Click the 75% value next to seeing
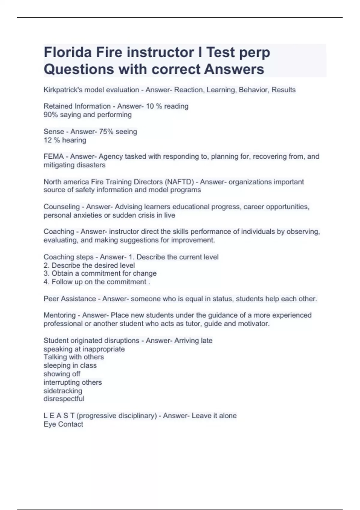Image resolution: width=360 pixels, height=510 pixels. pos(106,131)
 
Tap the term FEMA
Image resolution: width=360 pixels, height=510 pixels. pos(53,156)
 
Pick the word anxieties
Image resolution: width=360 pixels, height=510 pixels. pos(87,215)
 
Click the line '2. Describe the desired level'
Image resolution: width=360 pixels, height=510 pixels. pos(89,265)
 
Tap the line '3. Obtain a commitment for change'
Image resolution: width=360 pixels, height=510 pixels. pos(100,273)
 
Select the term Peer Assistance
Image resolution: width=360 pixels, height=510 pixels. pos(70,299)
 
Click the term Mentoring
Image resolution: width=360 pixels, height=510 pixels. pos(59,315)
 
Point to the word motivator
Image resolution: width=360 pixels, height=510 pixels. pos(253,324)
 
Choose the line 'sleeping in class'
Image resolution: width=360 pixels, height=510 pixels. pos(70,365)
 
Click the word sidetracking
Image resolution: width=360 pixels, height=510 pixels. pos(63,391)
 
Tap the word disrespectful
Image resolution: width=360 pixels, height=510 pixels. pos(64,399)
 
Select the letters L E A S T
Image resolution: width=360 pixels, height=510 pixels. pos(59,416)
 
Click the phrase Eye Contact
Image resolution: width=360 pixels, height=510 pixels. pos(63,424)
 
